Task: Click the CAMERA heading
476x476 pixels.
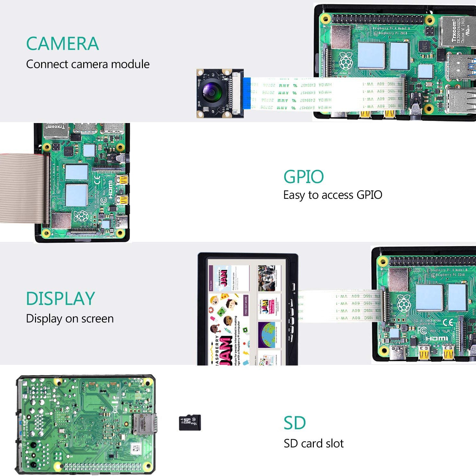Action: pyautogui.click(x=62, y=44)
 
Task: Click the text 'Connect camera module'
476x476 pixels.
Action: pyautogui.click(x=88, y=64)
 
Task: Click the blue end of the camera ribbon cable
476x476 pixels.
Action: pyautogui.click(x=247, y=93)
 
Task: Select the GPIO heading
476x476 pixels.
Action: pyautogui.click(x=304, y=177)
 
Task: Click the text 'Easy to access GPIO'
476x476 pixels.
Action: pyautogui.click(x=333, y=195)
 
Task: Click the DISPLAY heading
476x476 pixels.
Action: pyautogui.click(x=60, y=298)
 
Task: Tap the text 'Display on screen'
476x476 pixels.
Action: pyautogui.click(x=70, y=319)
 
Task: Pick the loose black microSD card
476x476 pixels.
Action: pyautogui.click(x=190, y=422)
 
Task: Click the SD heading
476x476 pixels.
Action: pyautogui.click(x=295, y=423)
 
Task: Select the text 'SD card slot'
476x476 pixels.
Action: pyautogui.click(x=313, y=444)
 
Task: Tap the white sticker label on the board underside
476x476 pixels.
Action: pyautogui.click(x=136, y=448)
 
